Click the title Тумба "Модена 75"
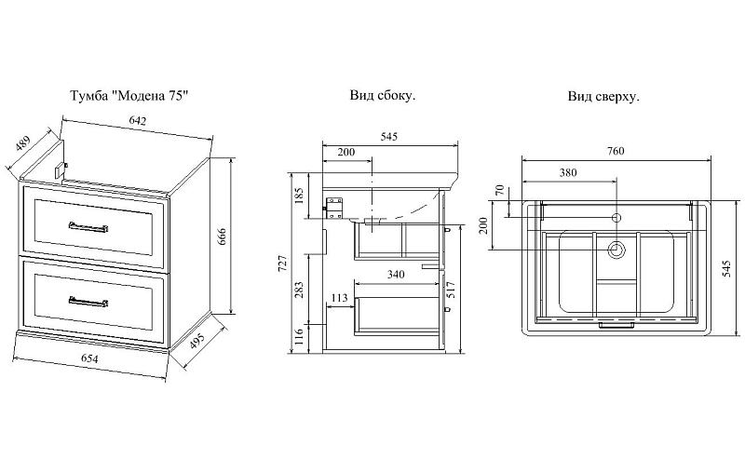[x=129, y=96]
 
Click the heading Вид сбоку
[x=383, y=96]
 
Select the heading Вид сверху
[x=603, y=97]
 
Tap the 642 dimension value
[x=137, y=121]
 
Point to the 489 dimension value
[x=22, y=143]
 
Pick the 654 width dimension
[x=88, y=358]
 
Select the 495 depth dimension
[x=197, y=341]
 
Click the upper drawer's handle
[x=88, y=227]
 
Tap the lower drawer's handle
[x=88, y=302]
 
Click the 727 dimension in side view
[x=282, y=264]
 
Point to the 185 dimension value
[x=299, y=196]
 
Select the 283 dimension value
[x=299, y=290]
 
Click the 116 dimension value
[x=299, y=338]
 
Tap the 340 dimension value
[x=396, y=275]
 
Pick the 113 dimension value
[x=339, y=298]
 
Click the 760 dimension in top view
[x=616, y=151]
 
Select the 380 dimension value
[x=568, y=172]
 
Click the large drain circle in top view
[x=616, y=250]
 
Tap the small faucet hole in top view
[x=616, y=218]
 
